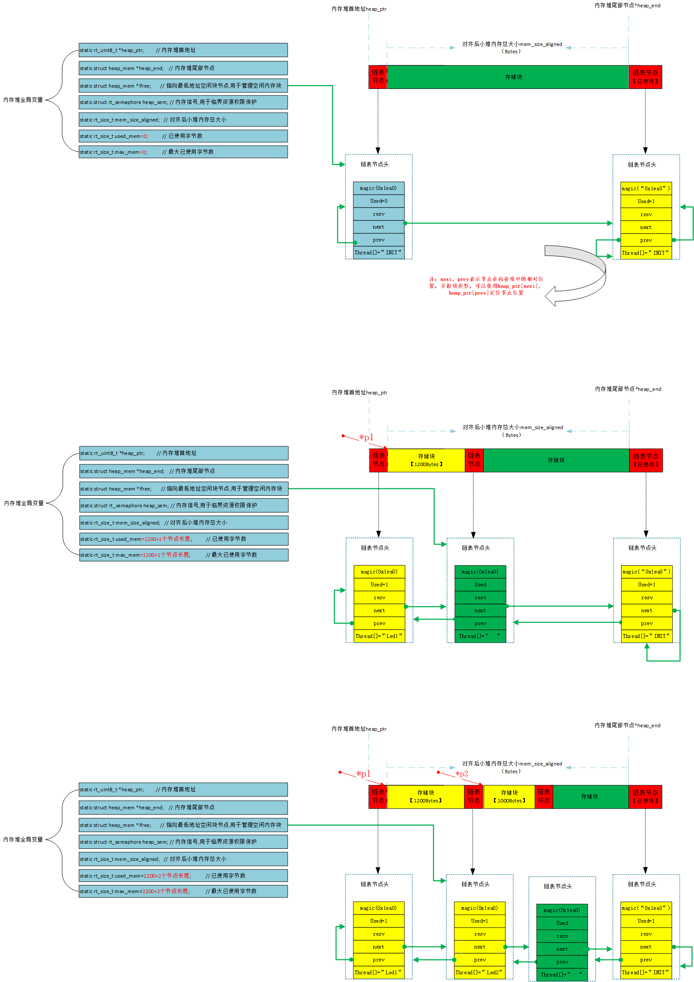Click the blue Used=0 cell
(x=379, y=201)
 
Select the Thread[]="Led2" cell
(x=479, y=972)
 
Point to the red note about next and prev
(x=486, y=286)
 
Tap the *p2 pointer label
(x=462, y=774)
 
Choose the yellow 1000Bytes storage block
(x=509, y=796)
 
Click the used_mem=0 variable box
(x=183, y=136)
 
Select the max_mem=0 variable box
(x=183, y=152)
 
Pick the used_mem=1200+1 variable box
(x=184, y=539)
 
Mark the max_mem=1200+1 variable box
(x=184, y=555)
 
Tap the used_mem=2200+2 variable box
(x=183, y=875)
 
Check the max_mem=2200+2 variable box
(x=183, y=891)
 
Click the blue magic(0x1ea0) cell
(x=379, y=188)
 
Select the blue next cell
(x=379, y=227)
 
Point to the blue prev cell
(x=379, y=240)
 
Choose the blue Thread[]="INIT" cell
(x=379, y=253)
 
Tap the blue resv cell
(x=379, y=214)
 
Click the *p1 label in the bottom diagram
(x=363, y=774)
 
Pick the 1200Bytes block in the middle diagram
(x=426, y=460)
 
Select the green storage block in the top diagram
(x=507, y=77)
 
